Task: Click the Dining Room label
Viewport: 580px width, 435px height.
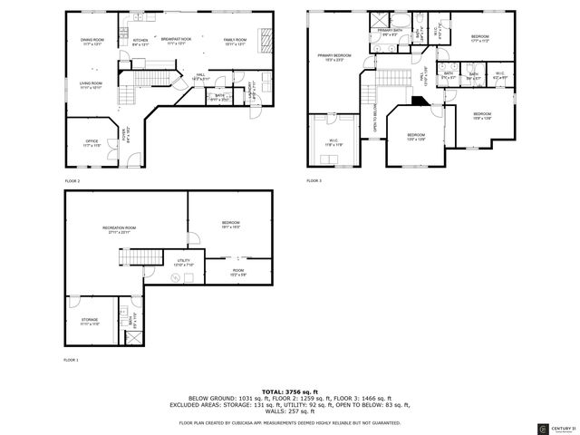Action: (x=92, y=42)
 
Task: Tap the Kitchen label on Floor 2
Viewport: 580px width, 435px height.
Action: (x=141, y=42)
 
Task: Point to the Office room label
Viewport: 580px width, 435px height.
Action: (x=92, y=143)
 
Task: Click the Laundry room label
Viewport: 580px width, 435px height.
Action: (x=251, y=88)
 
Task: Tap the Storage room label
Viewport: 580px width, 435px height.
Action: (x=90, y=321)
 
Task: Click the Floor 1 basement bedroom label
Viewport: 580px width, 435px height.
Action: (x=230, y=225)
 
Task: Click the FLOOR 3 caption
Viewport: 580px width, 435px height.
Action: (x=314, y=180)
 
